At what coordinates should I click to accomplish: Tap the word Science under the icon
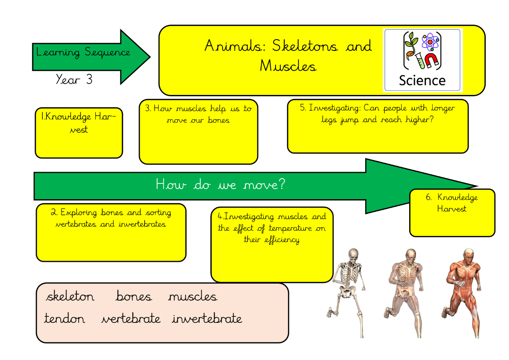click(x=422, y=80)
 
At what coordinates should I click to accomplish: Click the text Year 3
click(x=74, y=79)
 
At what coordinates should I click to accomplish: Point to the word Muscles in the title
click(x=288, y=65)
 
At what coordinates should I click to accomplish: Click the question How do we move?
click(x=221, y=185)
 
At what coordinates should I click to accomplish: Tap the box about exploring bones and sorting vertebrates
click(x=111, y=232)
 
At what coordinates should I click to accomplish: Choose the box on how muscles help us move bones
click(x=198, y=132)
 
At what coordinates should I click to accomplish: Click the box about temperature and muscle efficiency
click(x=272, y=244)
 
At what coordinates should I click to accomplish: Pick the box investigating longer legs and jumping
click(x=377, y=126)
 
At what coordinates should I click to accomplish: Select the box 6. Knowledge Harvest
click(x=452, y=213)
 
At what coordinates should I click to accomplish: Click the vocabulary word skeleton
click(x=70, y=297)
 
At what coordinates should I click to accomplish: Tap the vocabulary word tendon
click(x=65, y=319)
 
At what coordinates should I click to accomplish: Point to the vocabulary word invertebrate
click(x=207, y=319)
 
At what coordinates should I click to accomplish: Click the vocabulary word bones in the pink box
click(x=134, y=297)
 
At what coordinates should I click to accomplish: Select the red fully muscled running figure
click(x=463, y=291)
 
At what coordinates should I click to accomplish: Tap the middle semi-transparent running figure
click(x=405, y=291)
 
